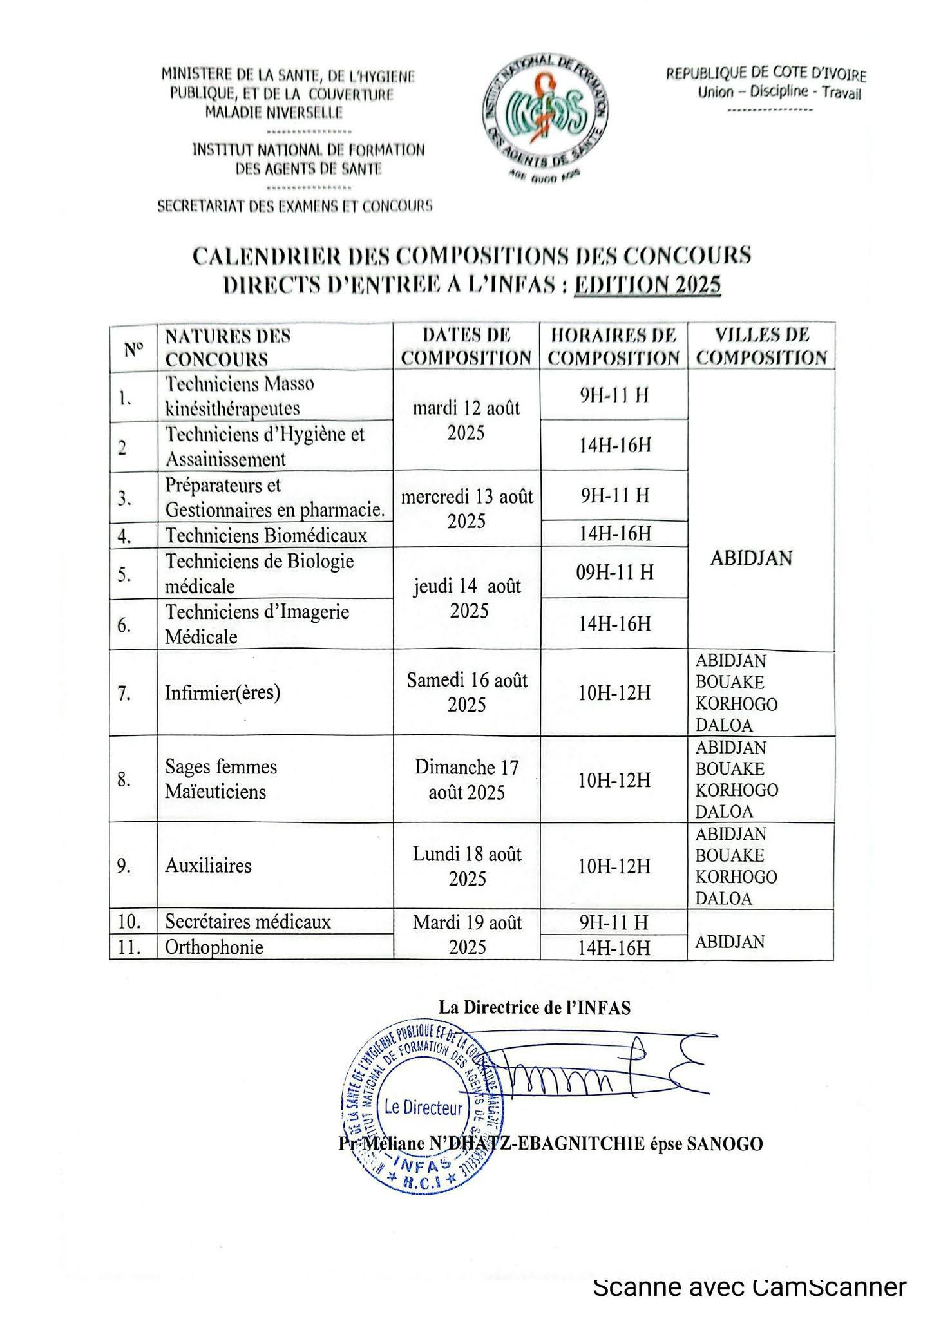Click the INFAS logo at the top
(544, 119)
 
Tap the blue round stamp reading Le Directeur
(423, 1107)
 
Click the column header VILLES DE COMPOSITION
(761, 346)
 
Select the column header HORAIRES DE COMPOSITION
(614, 346)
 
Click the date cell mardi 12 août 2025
(466, 421)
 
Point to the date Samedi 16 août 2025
(467, 692)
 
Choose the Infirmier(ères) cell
(222, 693)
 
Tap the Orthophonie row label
(214, 947)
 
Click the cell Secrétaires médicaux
(248, 922)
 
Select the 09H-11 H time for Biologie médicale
(614, 572)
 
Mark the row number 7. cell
(124, 693)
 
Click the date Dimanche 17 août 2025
(467, 779)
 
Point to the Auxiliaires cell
(208, 866)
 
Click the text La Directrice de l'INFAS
(535, 1008)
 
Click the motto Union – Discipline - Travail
(779, 93)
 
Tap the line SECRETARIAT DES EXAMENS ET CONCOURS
(295, 207)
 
